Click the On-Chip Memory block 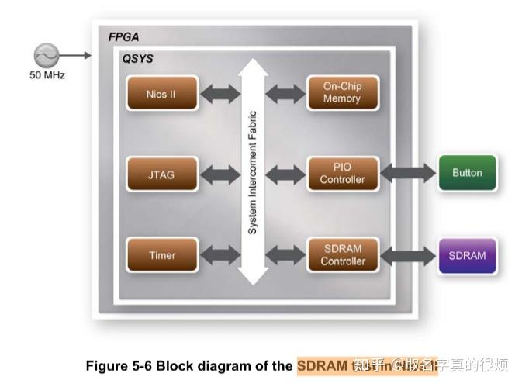[x=342, y=93]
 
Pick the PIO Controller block [x=342, y=174]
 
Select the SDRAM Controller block [x=342, y=255]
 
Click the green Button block [x=467, y=173]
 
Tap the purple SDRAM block [x=467, y=255]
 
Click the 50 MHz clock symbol [x=46, y=55]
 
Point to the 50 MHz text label [x=47, y=75]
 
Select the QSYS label [x=137, y=58]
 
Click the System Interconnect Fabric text [x=252, y=173]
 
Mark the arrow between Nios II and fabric [x=220, y=94]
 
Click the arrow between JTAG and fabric [x=220, y=174]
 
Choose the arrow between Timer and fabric [x=220, y=255]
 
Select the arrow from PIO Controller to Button [x=408, y=173]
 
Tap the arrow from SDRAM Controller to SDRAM [x=408, y=255]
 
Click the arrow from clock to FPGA [x=76, y=55]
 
